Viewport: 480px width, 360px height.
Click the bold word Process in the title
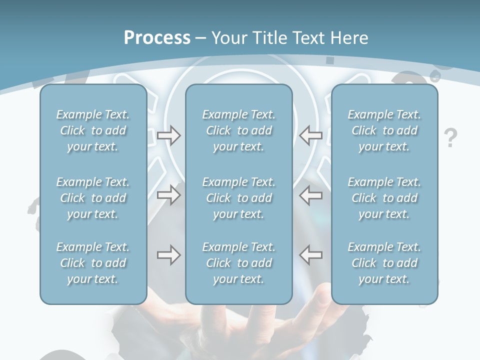click(157, 38)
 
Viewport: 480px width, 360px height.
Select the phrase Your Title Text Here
click(290, 38)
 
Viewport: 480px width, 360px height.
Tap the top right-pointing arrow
click(168, 135)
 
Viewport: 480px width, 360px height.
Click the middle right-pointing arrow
click(168, 195)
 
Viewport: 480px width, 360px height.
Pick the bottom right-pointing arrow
click(168, 255)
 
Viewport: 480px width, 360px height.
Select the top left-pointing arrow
click(310, 135)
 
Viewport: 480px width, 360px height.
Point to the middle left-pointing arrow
click(310, 195)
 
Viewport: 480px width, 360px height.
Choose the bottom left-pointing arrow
click(310, 255)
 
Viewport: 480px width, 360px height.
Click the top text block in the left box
click(93, 130)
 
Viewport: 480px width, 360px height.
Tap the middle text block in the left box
click(93, 198)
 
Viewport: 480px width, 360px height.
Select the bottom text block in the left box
click(93, 263)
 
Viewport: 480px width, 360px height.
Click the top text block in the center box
click(239, 130)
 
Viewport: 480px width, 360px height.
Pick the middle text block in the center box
click(239, 198)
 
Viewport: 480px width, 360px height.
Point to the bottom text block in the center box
click(239, 263)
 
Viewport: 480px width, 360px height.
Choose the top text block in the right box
click(384, 130)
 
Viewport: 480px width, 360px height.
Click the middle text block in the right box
click(384, 198)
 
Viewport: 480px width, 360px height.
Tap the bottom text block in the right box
click(384, 263)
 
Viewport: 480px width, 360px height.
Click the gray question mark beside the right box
click(451, 137)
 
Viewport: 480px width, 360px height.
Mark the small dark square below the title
click(330, 60)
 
